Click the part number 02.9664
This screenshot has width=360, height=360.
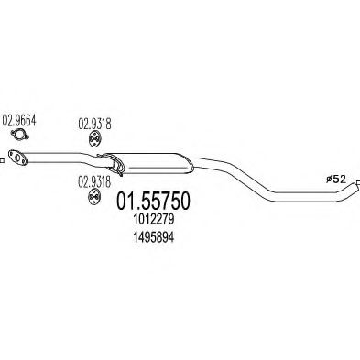(x=19, y=121)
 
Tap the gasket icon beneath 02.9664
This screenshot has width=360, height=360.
(x=19, y=135)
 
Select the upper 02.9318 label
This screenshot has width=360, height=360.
(x=94, y=125)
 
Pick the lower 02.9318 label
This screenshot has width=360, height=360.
(x=94, y=182)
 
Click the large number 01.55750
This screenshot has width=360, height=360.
(x=154, y=202)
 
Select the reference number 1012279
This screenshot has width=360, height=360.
(x=154, y=220)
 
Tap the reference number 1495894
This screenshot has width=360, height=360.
(x=154, y=237)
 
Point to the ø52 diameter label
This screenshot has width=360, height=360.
(x=336, y=180)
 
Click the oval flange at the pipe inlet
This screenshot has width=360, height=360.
(x=17, y=158)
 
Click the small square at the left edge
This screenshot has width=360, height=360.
(x=1, y=160)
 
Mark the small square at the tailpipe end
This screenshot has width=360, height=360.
(x=358, y=183)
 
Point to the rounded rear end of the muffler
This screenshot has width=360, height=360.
(x=190, y=165)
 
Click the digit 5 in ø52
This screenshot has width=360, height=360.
(x=335, y=180)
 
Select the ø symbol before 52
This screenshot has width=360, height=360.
(x=329, y=180)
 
